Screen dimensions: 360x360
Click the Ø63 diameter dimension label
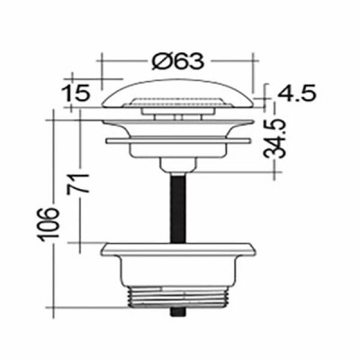pos(177,61)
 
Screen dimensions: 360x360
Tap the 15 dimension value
pos(76,93)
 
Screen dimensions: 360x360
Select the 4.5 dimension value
pos(296,94)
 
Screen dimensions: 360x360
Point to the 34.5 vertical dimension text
pos(274,139)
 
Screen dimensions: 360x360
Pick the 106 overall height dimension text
pos(49,223)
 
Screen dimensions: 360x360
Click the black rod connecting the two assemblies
pos(178,208)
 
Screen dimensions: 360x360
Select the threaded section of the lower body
pos(178,298)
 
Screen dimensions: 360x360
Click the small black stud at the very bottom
pos(178,311)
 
